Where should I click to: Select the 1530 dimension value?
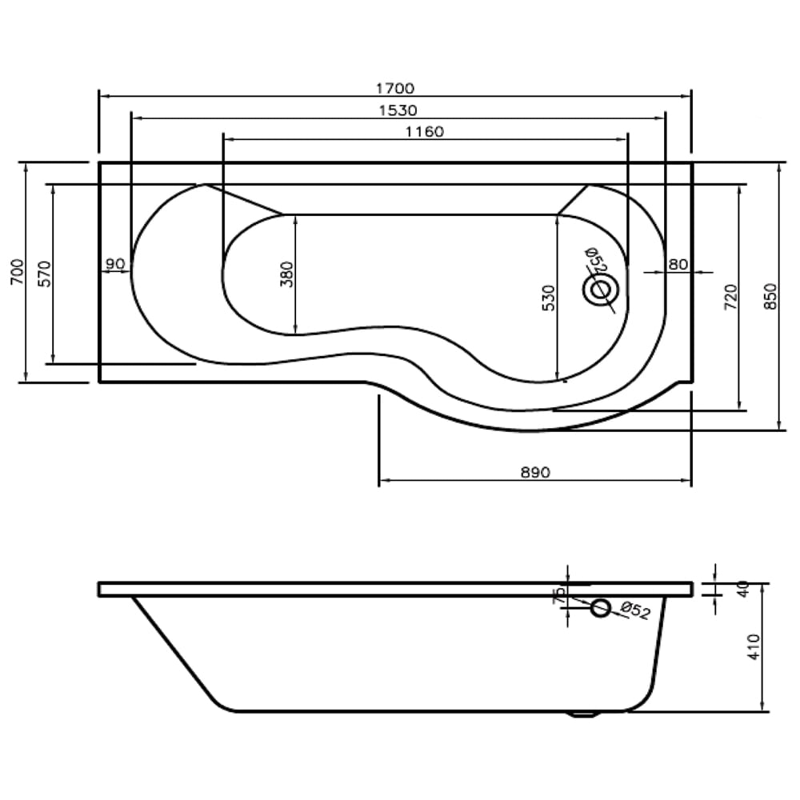point(398,110)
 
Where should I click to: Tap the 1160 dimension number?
point(424,132)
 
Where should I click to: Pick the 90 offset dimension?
point(114,263)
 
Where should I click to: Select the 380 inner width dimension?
point(286,274)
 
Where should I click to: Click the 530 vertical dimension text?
point(547,298)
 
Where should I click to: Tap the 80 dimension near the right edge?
point(678,263)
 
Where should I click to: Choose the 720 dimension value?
point(730,297)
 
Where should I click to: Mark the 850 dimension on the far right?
point(770,297)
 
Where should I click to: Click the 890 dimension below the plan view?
point(534,473)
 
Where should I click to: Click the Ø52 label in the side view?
point(634,610)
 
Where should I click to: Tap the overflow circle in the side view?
point(600,609)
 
